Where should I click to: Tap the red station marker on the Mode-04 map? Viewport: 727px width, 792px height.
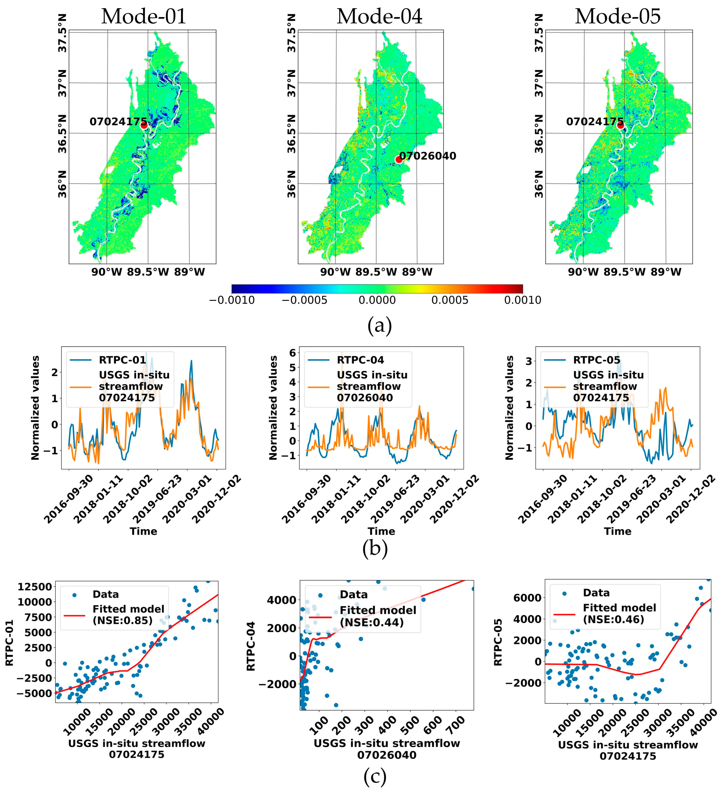399,159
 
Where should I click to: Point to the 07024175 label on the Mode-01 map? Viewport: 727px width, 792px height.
118,122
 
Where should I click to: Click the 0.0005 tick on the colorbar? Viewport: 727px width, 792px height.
450,300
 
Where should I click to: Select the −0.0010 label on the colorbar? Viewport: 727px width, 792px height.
232,300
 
